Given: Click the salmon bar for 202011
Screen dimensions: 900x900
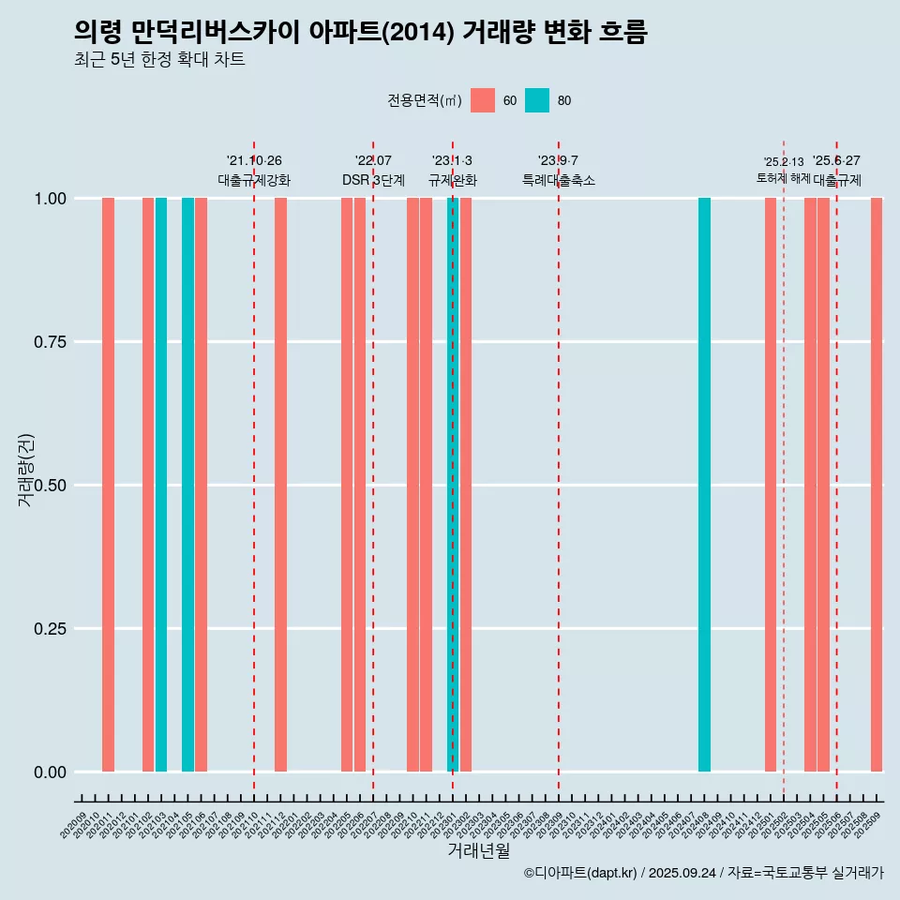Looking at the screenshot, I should click(108, 485).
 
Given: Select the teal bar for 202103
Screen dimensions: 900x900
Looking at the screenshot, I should click(161, 485).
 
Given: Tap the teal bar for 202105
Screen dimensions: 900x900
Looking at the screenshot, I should click(187, 485).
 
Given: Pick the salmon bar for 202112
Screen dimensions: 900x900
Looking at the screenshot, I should click(280, 485).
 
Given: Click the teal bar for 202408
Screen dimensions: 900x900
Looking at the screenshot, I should click(704, 485).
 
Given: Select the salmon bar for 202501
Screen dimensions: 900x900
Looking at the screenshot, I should click(771, 485).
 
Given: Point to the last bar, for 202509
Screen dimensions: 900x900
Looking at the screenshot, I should click(877, 485).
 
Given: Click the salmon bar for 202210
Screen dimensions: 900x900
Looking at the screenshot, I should click(412, 485).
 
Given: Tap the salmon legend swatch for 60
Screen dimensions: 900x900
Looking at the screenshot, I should click(483, 100).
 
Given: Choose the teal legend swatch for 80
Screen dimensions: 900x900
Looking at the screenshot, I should click(537, 100).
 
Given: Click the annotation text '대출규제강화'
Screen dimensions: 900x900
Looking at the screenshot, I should click(254, 180).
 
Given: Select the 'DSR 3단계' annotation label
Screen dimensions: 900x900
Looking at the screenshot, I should click(373, 180).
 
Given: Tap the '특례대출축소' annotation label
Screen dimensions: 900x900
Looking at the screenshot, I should click(559, 180).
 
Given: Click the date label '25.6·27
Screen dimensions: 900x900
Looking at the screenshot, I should click(836, 161).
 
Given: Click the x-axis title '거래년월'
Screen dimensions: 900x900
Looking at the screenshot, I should click(478, 850).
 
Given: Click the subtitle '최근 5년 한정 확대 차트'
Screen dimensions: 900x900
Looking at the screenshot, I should click(159, 60).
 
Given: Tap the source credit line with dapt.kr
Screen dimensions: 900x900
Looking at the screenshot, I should click(703, 873).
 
